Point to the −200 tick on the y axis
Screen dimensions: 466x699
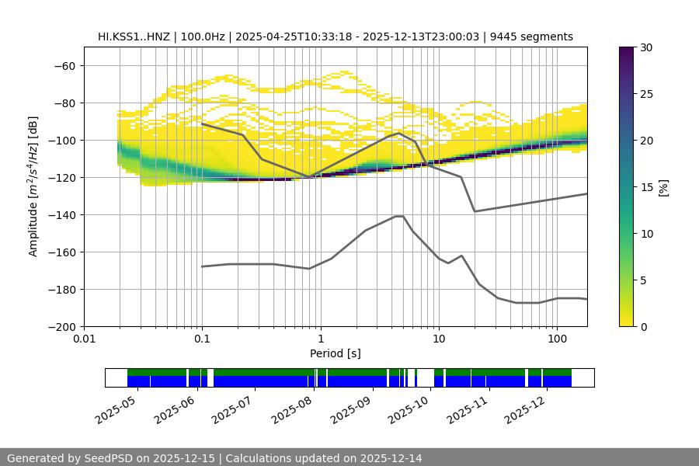pyautogui.click(x=61, y=326)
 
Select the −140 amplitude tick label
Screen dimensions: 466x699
pyautogui.click(x=61, y=214)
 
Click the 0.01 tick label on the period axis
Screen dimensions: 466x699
pyautogui.click(x=84, y=339)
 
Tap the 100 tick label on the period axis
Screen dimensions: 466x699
pyautogui.click(x=556, y=339)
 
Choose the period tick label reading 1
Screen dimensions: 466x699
pyautogui.click(x=320, y=339)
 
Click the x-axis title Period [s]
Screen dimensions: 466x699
pyautogui.click(x=335, y=353)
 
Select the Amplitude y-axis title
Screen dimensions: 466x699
pyautogui.click(x=33, y=187)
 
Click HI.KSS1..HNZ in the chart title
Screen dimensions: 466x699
pyautogui.click(x=134, y=37)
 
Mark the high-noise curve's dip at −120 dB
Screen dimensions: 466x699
pyautogui.click(x=309, y=177)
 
